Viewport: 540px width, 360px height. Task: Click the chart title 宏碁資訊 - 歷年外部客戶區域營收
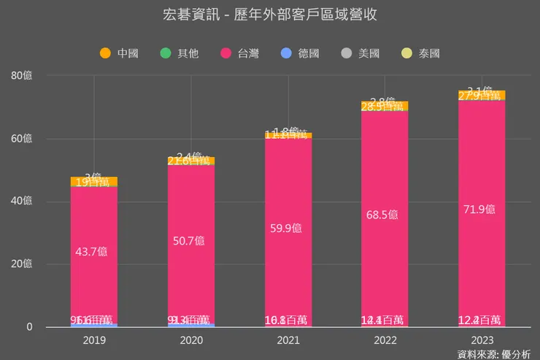pos(270,15)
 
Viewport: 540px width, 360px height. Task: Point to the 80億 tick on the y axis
pos(22,75)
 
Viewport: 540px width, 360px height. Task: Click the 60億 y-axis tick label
pos(22,139)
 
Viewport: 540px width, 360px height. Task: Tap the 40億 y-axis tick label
pos(22,202)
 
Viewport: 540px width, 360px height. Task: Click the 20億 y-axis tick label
pos(22,264)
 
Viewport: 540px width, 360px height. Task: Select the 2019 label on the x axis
pos(94,340)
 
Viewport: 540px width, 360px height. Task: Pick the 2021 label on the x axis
pos(288,340)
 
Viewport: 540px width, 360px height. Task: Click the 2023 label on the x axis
pos(482,340)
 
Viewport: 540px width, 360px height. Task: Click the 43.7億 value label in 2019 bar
pos(91,251)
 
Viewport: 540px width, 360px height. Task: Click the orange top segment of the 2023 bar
pos(482,96)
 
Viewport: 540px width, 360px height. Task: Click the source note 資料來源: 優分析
pos(494,354)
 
